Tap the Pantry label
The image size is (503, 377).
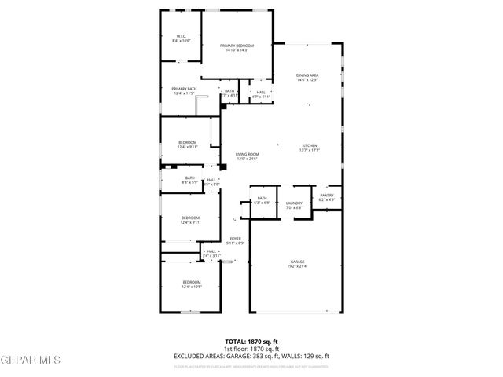(x=326, y=197)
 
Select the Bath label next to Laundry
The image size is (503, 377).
(x=262, y=199)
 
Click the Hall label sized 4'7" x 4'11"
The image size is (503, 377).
(x=260, y=93)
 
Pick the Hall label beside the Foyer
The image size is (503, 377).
(x=211, y=253)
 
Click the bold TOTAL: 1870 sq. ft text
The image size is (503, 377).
(x=251, y=342)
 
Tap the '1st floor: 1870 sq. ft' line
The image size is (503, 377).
(x=251, y=349)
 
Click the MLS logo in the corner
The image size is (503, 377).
(x=30, y=360)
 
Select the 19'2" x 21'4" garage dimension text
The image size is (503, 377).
(x=297, y=267)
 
